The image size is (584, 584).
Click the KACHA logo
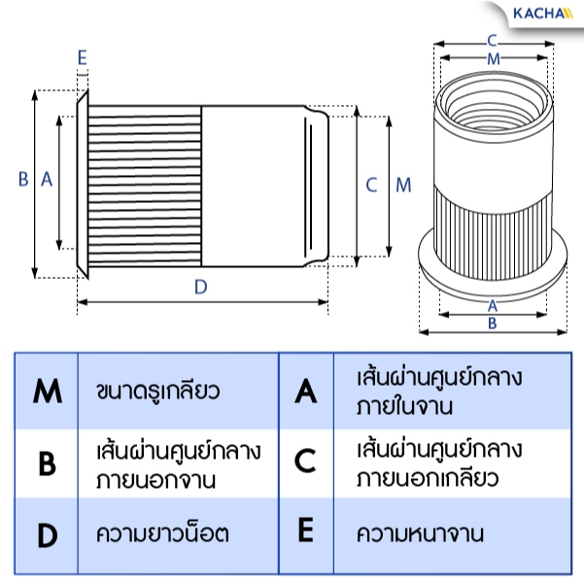click(x=543, y=14)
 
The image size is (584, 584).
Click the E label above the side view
click(x=83, y=57)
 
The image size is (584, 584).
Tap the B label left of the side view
click(x=23, y=179)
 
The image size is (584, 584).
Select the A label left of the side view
click(x=47, y=179)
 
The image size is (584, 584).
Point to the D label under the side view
click(x=201, y=287)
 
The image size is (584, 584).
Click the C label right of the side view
click(x=372, y=185)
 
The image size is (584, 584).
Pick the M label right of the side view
click(x=403, y=185)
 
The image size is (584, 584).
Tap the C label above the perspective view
click(x=493, y=41)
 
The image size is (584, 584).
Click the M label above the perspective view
click(x=494, y=59)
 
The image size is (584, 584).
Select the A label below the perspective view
click(x=493, y=306)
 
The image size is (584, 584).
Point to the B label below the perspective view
click(x=493, y=324)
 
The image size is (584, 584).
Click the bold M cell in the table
click(x=48, y=391)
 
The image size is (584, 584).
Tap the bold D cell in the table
click(x=48, y=535)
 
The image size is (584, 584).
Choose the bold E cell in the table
click(x=305, y=530)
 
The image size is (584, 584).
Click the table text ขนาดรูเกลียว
click(x=158, y=392)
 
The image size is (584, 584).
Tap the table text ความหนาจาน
click(x=420, y=533)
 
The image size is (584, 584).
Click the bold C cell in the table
click(x=305, y=461)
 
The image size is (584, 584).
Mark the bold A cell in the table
click(x=305, y=391)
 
